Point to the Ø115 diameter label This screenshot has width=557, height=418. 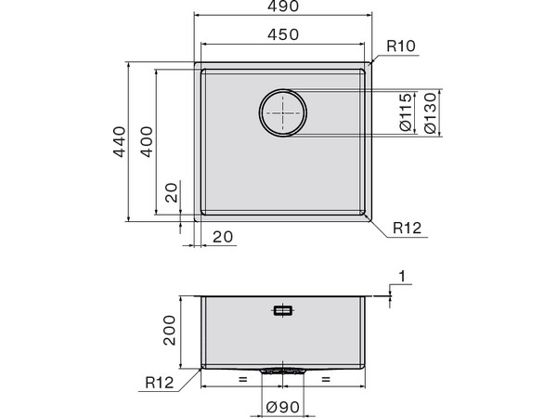pyautogui.click(x=406, y=112)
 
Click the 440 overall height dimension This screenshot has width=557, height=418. pyautogui.click(x=118, y=141)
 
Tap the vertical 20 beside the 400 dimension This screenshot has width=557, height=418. pyautogui.click(x=171, y=194)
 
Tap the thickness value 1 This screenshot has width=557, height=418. pyautogui.click(x=401, y=276)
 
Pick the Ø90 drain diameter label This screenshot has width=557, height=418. pyautogui.click(x=283, y=405)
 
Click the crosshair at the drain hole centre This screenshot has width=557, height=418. pyautogui.click(x=282, y=113)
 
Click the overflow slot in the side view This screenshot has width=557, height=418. pyautogui.click(x=282, y=311)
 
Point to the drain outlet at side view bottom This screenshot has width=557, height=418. pyautogui.click(x=282, y=371)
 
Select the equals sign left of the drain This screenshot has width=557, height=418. pyautogui.click(x=241, y=381)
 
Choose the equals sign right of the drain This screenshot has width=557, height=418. pyautogui.click(x=325, y=381)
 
